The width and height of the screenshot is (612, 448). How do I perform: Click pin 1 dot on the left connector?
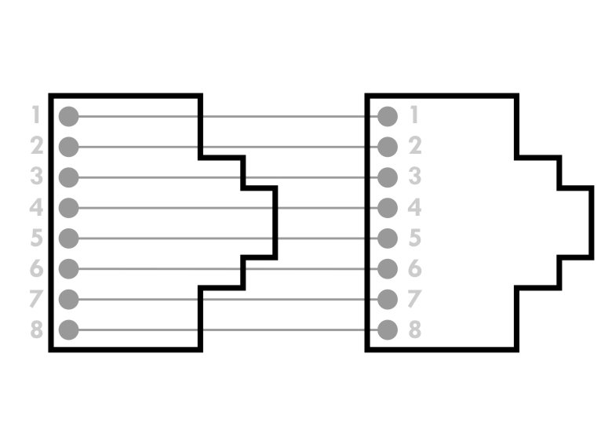pyautogui.click(x=69, y=116)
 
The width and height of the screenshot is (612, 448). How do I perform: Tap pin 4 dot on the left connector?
pyautogui.click(x=69, y=208)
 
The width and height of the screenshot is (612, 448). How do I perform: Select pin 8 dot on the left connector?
pyautogui.click(x=69, y=330)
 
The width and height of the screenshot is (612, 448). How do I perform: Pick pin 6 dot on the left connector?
pyautogui.click(x=69, y=269)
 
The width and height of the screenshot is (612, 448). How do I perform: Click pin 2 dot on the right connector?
pyautogui.click(x=388, y=148)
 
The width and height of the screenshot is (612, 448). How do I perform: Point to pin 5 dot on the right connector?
pyautogui.click(x=388, y=239)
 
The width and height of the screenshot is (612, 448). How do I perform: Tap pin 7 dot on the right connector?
pyautogui.click(x=388, y=299)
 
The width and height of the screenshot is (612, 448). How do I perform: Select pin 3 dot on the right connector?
pyautogui.click(x=388, y=177)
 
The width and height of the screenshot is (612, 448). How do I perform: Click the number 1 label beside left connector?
pyautogui.click(x=36, y=115)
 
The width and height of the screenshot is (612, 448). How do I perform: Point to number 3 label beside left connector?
pyautogui.click(x=37, y=176)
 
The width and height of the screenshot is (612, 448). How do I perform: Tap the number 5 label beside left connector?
pyautogui.click(x=37, y=237)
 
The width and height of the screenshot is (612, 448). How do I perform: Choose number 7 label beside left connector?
pyautogui.click(x=36, y=299)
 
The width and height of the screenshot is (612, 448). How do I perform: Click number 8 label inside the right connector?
pyautogui.click(x=415, y=329)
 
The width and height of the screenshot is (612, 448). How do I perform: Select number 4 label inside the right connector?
pyautogui.click(x=414, y=207)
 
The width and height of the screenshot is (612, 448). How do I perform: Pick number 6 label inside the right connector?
pyautogui.click(x=415, y=268)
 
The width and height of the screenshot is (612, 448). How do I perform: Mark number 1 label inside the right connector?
pyautogui.click(x=414, y=115)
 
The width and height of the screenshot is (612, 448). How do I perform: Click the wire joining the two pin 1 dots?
pyautogui.click(x=228, y=116)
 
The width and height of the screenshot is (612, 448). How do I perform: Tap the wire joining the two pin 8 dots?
pyautogui.click(x=228, y=330)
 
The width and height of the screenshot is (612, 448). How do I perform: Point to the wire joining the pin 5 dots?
pyautogui.click(x=228, y=239)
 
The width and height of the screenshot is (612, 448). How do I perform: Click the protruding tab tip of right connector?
pyautogui.click(x=592, y=223)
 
